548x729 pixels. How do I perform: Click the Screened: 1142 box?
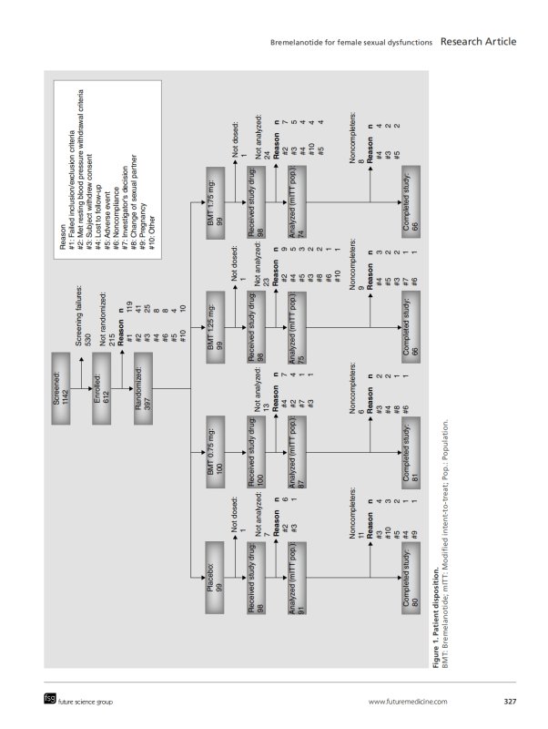coord(61,388)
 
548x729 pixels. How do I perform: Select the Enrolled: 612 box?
coord(102,388)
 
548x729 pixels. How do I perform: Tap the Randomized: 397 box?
coord(143,388)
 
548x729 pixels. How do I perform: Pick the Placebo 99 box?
coord(215,578)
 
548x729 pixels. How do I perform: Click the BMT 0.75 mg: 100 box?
coord(216,452)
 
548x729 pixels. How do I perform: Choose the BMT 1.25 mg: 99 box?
coord(216,327)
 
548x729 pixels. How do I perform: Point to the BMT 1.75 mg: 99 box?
coord(216,202)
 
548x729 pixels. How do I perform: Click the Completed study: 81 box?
coord(411,452)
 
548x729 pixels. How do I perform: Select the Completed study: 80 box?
coord(411,578)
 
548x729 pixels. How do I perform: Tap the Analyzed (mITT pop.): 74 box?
coord(298,202)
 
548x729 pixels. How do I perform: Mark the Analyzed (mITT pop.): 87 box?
coord(298,452)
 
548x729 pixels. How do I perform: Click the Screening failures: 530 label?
coord(84,315)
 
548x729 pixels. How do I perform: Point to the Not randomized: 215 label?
coord(107,319)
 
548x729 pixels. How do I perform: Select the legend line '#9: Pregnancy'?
coord(143,226)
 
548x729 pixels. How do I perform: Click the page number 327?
coord(510,702)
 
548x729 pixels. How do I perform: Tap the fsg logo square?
coord(50,698)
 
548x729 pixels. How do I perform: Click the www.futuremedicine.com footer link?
coord(408,702)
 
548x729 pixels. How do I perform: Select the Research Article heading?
coord(478,41)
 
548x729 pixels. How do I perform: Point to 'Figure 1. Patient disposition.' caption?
coord(436,618)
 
